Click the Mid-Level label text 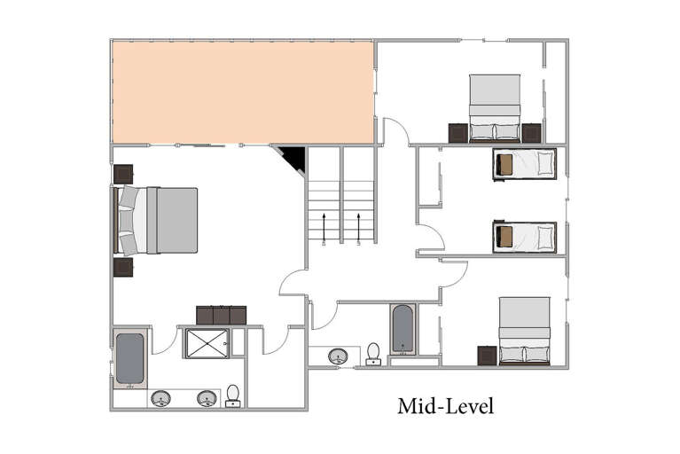(x=445, y=406)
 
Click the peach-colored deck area (x=243, y=92)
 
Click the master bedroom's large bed (x=155, y=220)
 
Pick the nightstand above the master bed (x=123, y=174)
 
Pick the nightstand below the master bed (x=123, y=267)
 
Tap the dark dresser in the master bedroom (x=221, y=316)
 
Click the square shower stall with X (x=207, y=343)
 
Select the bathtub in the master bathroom (x=129, y=358)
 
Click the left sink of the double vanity (x=160, y=398)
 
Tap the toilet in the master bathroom (x=233, y=396)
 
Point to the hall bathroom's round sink (x=338, y=356)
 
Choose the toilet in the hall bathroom (x=373, y=355)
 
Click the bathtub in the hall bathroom (x=403, y=329)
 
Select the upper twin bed (x=524, y=164)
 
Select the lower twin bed (x=524, y=237)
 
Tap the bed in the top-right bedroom (x=495, y=108)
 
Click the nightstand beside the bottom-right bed (x=488, y=356)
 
